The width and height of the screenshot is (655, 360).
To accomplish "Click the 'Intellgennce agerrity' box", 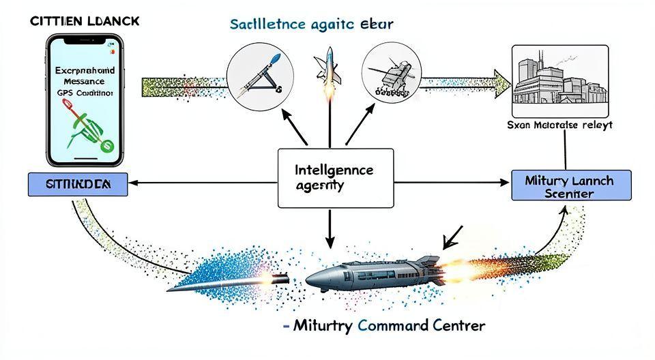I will pyautogui.click(x=336, y=177).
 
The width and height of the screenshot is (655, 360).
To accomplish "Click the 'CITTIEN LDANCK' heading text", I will pyautogui.click(x=85, y=20).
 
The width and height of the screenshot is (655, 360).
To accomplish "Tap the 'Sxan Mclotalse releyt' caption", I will pyautogui.click(x=560, y=125).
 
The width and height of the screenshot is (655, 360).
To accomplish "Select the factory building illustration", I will pyautogui.click(x=559, y=82).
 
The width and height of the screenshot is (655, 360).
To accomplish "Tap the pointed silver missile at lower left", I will pyautogui.click(x=225, y=280).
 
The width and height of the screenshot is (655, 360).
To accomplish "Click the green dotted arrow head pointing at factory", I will pyautogui.click(x=501, y=83).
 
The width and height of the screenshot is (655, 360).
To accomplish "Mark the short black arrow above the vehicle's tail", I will pyautogui.click(x=452, y=237).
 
